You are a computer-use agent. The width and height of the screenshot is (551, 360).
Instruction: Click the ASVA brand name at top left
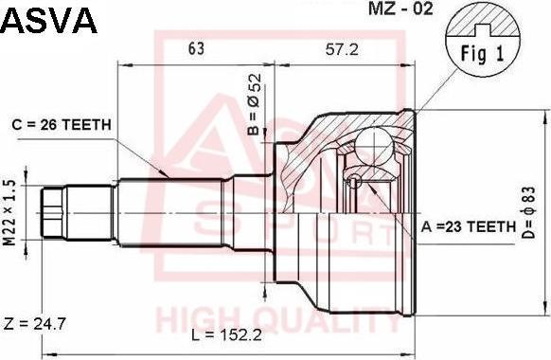[x=49, y=21]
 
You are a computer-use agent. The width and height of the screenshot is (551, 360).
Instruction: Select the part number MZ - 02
[x=400, y=9]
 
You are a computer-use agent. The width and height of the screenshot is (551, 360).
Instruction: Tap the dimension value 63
[x=196, y=49]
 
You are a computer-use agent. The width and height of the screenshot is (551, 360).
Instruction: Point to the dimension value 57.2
[x=342, y=49]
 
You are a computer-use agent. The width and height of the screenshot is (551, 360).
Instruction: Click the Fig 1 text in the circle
[x=482, y=54]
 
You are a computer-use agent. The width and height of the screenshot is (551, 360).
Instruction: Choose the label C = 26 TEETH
[x=62, y=125]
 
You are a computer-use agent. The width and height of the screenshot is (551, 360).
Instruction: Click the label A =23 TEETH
[x=469, y=227]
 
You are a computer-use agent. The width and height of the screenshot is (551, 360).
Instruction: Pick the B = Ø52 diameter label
[x=255, y=105]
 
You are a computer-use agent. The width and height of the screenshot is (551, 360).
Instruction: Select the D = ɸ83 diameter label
[x=528, y=213]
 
